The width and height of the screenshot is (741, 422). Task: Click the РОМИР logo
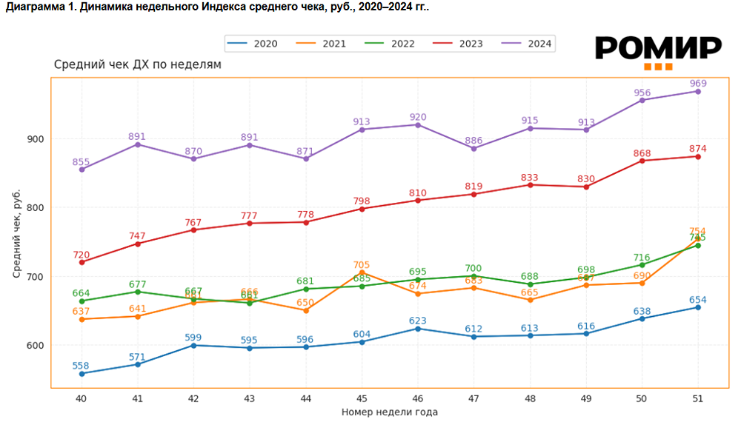point(658,52)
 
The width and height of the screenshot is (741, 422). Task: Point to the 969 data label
point(697,82)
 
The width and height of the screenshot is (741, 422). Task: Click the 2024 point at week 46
point(417,125)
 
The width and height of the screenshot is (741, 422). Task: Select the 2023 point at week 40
point(82,262)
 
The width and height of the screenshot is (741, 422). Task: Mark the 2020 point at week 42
point(193,345)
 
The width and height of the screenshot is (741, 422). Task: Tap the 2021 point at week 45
point(362,272)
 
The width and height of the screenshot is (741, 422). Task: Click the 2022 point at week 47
point(473,276)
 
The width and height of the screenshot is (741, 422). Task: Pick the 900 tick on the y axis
point(36,139)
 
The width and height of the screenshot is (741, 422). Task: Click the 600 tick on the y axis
point(36,345)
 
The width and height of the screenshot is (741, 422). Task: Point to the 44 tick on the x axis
point(305,398)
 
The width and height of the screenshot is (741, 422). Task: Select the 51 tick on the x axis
point(697,398)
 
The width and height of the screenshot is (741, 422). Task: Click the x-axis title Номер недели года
point(389,412)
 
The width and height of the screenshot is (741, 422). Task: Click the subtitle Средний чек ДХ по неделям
point(138,65)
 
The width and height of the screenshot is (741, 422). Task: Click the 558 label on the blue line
point(82,366)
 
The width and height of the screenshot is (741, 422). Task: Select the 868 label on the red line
point(642,153)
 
